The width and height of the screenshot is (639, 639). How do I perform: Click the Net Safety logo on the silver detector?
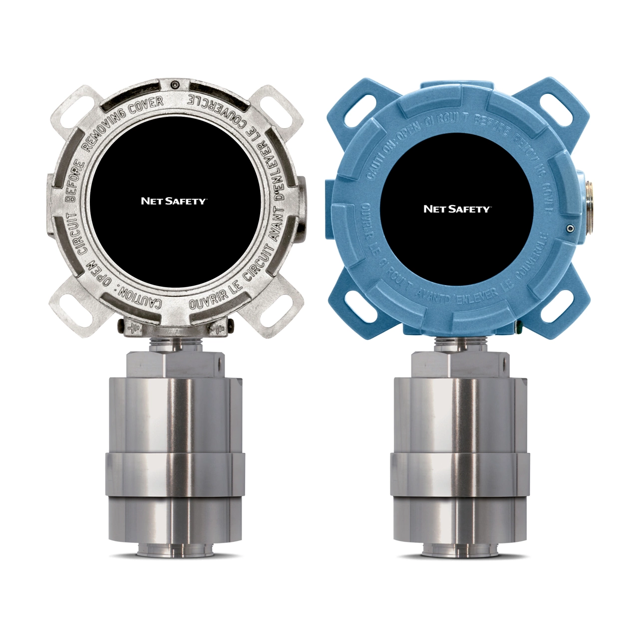point(173,201)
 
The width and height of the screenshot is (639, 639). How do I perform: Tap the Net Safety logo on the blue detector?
point(457,209)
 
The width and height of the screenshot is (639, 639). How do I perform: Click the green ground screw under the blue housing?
point(518,328)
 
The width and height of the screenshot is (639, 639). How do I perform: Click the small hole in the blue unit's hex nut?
point(505,359)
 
